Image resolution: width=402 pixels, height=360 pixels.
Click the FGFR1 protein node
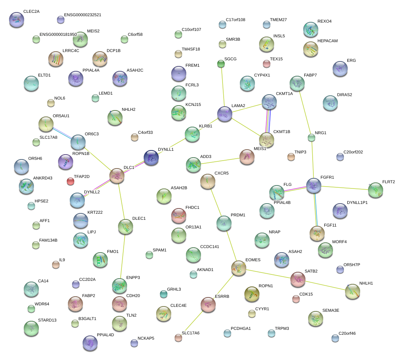coord(313,185)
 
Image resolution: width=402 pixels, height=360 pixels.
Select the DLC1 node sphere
coord(117,176)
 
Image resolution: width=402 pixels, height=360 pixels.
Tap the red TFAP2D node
coord(71,181)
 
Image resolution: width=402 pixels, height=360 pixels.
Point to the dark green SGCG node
coord(221,64)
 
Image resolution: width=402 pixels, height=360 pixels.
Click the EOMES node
coord(239,268)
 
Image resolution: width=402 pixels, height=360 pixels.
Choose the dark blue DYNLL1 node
coord(151,158)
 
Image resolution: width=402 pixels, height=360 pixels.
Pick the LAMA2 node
coord(225,114)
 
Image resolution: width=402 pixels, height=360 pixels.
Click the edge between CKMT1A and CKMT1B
coord(268,121)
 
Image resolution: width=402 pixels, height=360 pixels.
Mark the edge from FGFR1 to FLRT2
coord(345,188)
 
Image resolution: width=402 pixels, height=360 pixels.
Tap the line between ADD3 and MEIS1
coord(220,161)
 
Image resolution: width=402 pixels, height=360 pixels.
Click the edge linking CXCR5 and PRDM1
coord(216,202)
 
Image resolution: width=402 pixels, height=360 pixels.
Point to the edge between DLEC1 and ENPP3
coord(123,256)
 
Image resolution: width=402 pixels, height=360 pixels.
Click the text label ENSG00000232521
coord(83,15)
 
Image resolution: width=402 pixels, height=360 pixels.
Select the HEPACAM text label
coord(327,41)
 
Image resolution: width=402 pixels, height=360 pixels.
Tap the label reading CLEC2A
coord(31,12)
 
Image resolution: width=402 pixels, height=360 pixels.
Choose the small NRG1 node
coord(311,138)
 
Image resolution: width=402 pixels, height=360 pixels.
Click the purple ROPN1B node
coord(66,162)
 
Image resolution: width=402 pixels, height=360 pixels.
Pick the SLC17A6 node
coord(178,338)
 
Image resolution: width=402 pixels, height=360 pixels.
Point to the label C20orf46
coord(347,333)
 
